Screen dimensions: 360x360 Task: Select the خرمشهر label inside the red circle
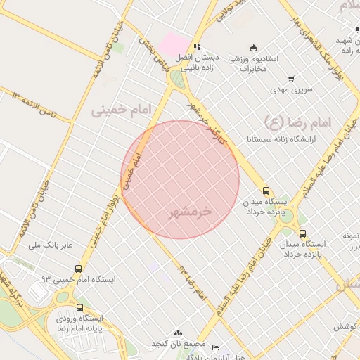click(191, 211)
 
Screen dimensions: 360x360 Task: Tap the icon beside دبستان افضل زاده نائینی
click(197, 46)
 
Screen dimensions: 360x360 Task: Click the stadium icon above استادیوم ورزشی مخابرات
click(253, 46)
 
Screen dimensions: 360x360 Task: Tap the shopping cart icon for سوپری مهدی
click(291, 78)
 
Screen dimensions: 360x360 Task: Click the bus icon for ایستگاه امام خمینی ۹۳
click(77, 268)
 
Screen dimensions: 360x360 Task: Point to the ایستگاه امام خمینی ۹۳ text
click(77, 279)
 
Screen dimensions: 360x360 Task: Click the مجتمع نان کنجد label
click(179, 344)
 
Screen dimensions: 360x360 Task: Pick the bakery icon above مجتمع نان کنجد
click(178, 333)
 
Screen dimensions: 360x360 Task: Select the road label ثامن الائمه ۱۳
click(34, 105)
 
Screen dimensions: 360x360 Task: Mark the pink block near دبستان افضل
click(171, 44)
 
